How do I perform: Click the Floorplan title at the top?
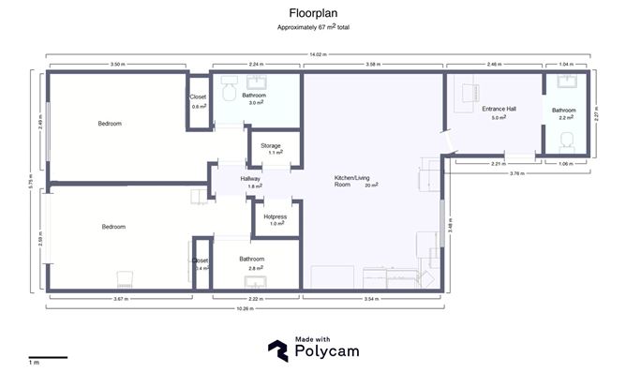point(312,14)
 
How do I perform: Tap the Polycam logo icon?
point(278,350)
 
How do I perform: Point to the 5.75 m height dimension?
point(30,177)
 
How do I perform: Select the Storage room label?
point(271,146)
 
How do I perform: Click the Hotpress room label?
point(275,216)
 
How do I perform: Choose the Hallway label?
point(250,178)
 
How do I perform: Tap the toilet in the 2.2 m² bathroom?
point(566,141)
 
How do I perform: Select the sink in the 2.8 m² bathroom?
point(254,281)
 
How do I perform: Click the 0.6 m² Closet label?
point(199,97)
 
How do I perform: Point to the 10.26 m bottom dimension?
point(246,308)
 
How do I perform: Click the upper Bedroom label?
point(111,123)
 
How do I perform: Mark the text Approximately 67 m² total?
point(312,28)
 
